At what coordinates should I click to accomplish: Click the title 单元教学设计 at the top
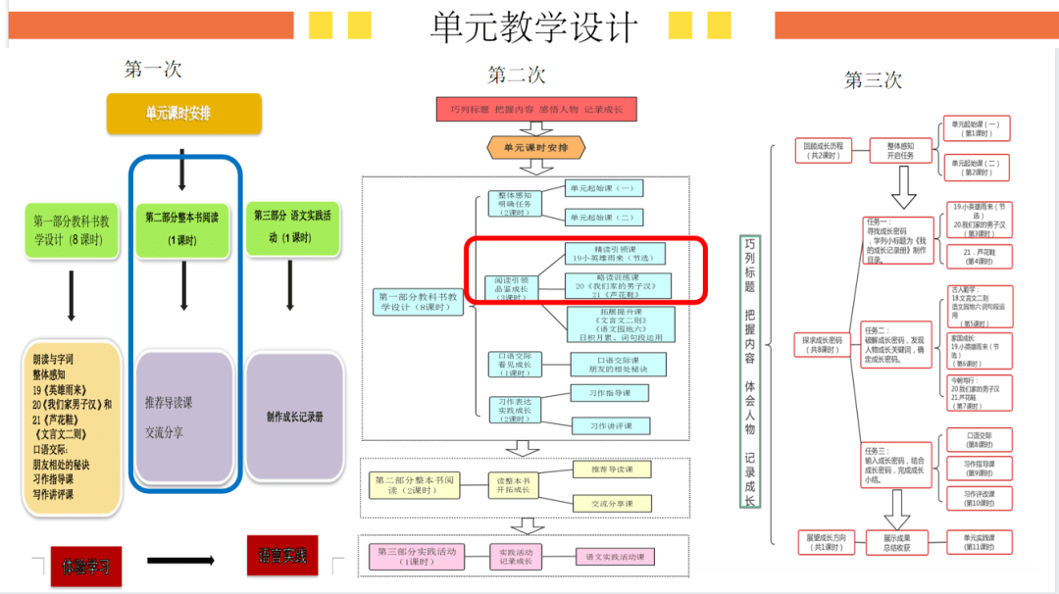(x=533, y=26)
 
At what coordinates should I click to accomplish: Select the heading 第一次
(x=153, y=70)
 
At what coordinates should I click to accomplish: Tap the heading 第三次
(x=873, y=80)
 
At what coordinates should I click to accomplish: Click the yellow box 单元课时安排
(x=184, y=114)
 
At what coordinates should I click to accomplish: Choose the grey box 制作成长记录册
(x=294, y=417)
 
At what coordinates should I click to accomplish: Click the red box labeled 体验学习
(x=86, y=566)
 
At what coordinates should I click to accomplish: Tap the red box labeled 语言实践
(x=282, y=556)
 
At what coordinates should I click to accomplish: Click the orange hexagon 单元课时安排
(x=536, y=148)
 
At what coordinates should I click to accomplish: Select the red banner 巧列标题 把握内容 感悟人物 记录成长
(x=536, y=109)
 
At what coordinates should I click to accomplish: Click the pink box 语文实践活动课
(x=615, y=557)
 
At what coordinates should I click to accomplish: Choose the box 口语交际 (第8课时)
(x=978, y=439)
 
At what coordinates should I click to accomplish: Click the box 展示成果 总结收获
(x=897, y=542)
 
